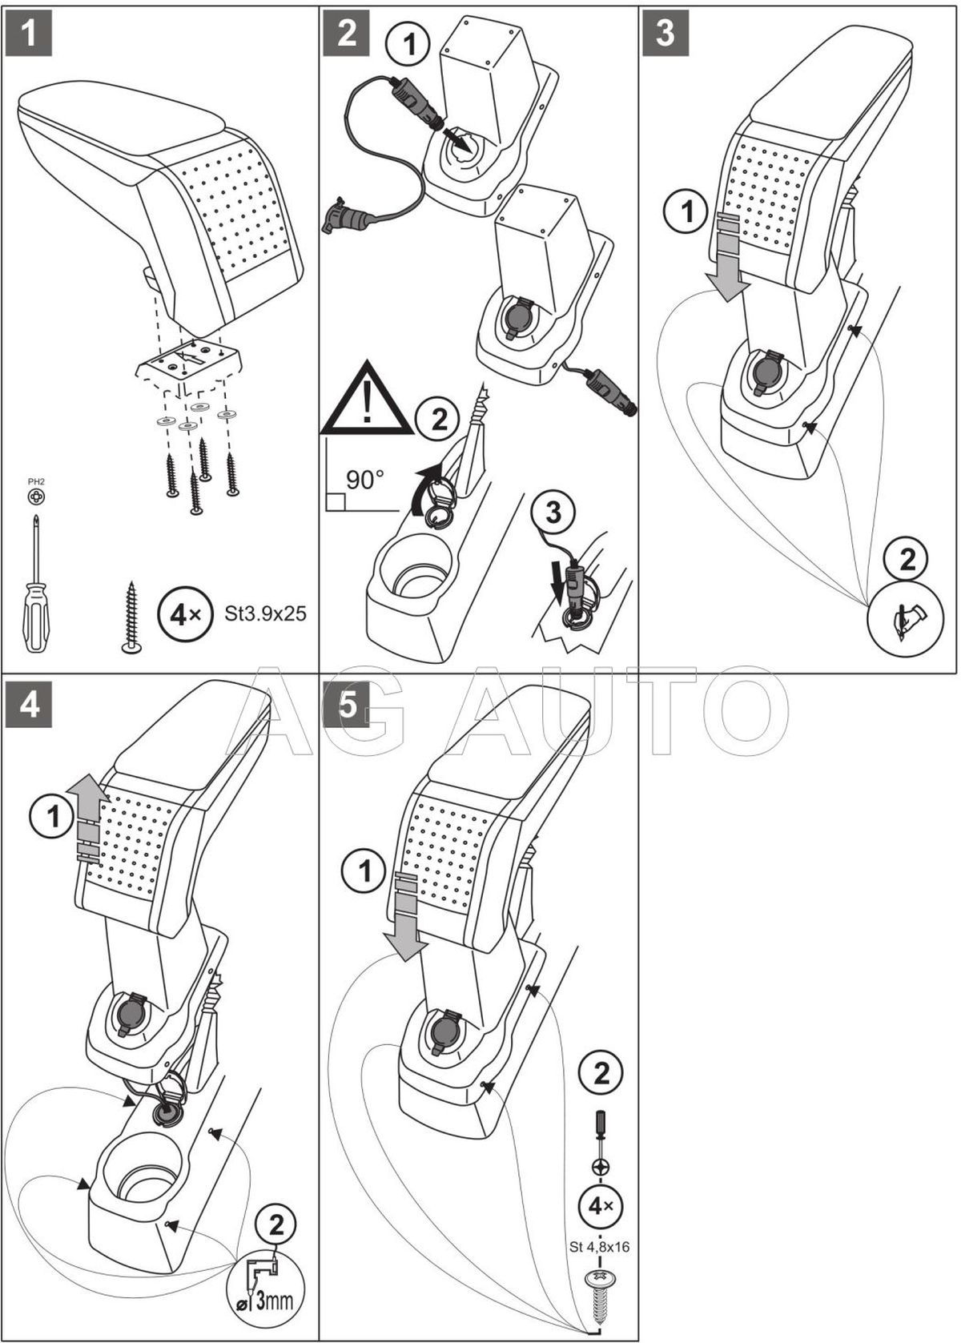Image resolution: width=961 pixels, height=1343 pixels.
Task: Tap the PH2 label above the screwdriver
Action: tap(36, 481)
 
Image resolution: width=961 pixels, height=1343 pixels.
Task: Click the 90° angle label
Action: tap(365, 480)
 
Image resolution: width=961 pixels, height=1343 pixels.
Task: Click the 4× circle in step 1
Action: tap(181, 615)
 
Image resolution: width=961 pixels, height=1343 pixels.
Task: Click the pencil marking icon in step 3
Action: tap(908, 617)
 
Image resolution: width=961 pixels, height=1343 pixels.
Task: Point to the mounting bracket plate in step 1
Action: tap(187, 360)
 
